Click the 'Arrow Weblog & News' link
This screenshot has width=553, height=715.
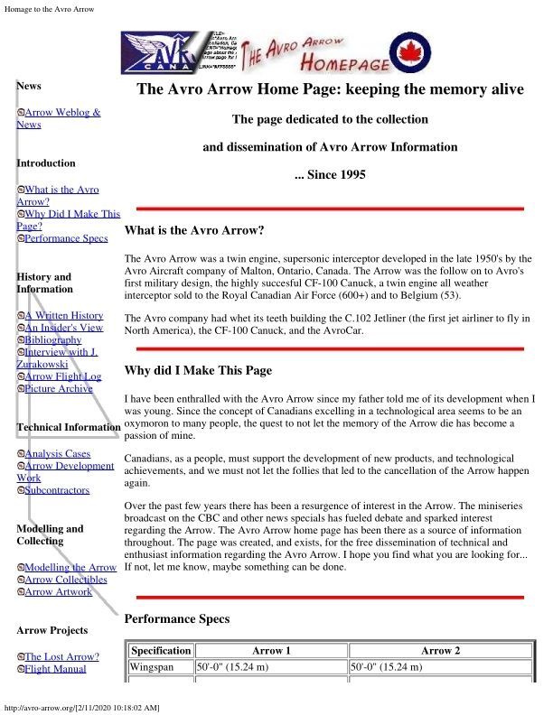tap(62, 113)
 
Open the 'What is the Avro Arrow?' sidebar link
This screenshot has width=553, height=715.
tap(61, 190)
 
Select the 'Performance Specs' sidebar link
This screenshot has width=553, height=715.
tap(66, 239)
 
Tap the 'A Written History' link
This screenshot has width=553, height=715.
tap(64, 316)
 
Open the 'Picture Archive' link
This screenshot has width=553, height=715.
tap(59, 389)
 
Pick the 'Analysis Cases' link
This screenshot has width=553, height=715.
tap(58, 453)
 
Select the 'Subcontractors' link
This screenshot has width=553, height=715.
tap(57, 490)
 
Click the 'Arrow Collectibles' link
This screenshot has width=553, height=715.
tap(66, 580)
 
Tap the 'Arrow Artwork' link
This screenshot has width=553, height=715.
tap(59, 592)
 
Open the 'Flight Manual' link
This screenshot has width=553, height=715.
tap(55, 669)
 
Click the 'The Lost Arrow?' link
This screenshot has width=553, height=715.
tap(61, 656)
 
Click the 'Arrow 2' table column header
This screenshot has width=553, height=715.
tap(436, 650)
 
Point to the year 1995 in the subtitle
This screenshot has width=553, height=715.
tap(348, 174)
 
